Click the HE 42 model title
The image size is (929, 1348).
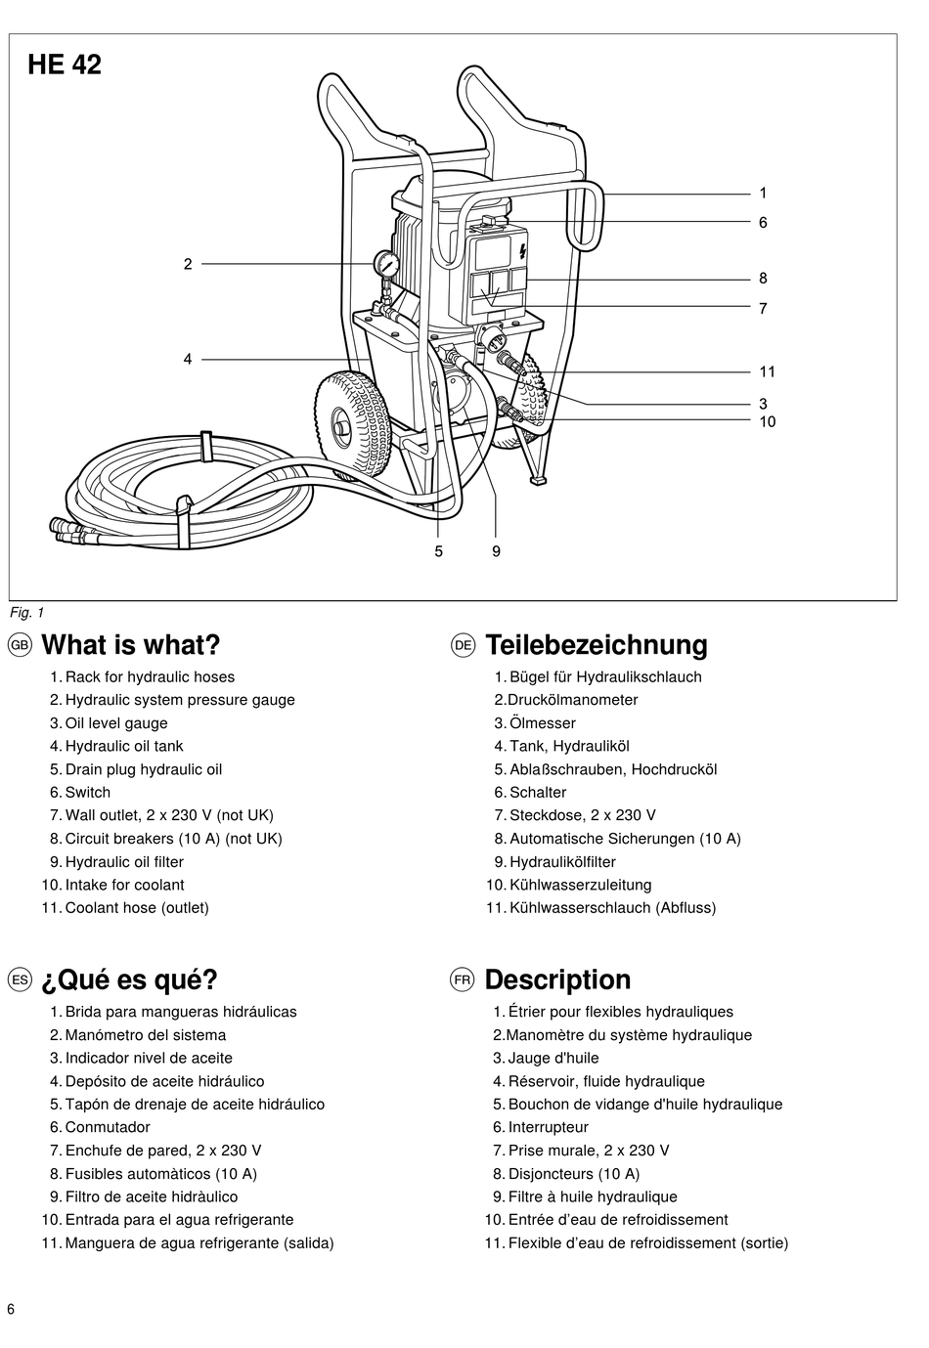[65, 65]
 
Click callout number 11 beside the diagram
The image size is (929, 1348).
[767, 371]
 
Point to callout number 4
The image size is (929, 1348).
[187, 360]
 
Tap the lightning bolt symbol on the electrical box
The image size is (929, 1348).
[522, 251]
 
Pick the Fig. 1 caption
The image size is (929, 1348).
[26, 613]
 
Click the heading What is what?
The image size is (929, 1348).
[131, 644]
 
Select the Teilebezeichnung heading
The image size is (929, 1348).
[597, 644]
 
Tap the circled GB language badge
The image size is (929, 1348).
[20, 645]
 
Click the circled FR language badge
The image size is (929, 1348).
[463, 979]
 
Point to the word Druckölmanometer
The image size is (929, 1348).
[573, 700]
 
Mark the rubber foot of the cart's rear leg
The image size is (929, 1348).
[538, 480]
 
